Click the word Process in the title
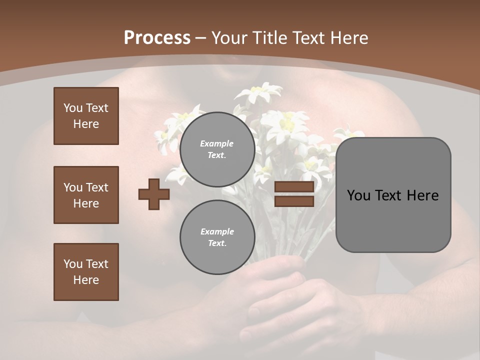coord(157,38)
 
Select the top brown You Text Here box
coord(86,116)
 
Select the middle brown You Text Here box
coord(86,195)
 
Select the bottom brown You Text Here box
coord(86,272)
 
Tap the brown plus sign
coord(154,194)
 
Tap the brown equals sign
coord(294,194)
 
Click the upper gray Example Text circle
coord(217,149)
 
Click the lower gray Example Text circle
coord(217,237)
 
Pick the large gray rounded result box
coord(393,194)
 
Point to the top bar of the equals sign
coord(294,187)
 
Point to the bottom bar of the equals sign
coord(294,201)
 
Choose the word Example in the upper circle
coord(217,143)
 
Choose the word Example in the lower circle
coord(217,231)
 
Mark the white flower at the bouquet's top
coord(258,92)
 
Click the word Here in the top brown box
coord(86,124)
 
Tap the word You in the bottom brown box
coord(73,264)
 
